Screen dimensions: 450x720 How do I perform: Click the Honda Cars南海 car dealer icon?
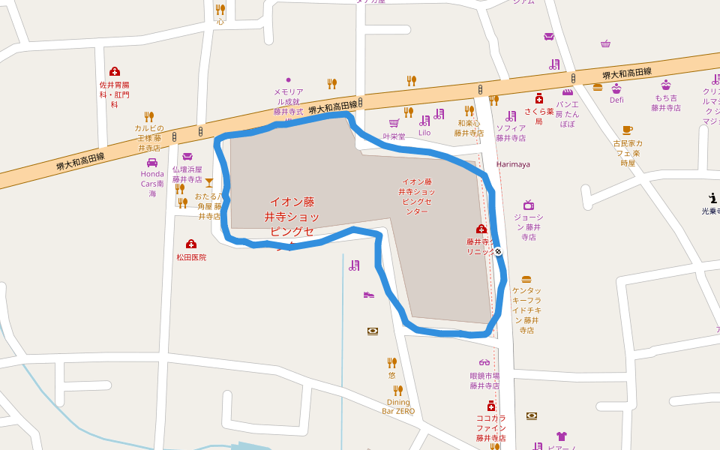[x=152, y=163]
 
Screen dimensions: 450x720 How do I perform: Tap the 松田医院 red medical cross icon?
[x=191, y=244]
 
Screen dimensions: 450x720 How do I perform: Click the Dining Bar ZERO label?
[x=397, y=406]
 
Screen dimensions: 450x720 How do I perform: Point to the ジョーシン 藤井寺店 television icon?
[x=528, y=205]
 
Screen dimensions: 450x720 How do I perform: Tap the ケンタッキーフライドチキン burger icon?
[x=526, y=279]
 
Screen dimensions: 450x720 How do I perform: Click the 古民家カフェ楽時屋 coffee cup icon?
[x=627, y=130]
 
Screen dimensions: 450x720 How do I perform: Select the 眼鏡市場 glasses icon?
[x=484, y=363]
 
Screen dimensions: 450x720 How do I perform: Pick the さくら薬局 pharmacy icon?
[x=538, y=99]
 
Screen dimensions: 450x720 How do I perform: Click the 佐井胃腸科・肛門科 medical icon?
[x=114, y=72]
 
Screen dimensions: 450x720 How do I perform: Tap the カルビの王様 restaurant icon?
[x=148, y=116]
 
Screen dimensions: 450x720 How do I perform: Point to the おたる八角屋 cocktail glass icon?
[x=209, y=182]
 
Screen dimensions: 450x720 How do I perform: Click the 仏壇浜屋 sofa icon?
[x=187, y=157]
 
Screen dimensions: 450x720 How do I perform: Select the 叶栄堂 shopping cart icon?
[x=394, y=124]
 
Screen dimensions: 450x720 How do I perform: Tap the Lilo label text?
[x=424, y=133]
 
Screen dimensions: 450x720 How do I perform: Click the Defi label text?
[x=616, y=100]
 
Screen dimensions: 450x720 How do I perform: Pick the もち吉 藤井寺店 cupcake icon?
[x=665, y=85]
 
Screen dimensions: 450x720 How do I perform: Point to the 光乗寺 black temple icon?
[x=712, y=198]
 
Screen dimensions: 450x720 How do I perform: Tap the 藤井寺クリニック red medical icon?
[x=481, y=229]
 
